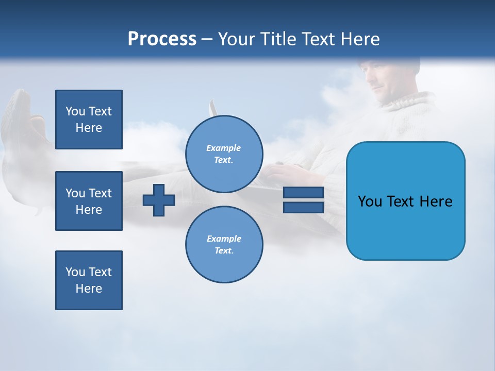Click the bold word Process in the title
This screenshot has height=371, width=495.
(x=162, y=39)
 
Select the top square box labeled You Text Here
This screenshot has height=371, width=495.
(x=89, y=120)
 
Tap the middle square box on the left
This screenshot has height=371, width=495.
(x=89, y=201)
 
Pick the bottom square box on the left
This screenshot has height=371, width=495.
(x=89, y=280)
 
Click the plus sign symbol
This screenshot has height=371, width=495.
(x=159, y=200)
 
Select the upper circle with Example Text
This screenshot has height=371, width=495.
(x=224, y=154)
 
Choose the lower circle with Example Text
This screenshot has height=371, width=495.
(x=224, y=244)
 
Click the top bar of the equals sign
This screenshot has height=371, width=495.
(x=303, y=193)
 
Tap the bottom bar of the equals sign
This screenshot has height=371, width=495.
(x=303, y=207)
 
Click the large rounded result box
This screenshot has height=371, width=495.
(x=405, y=201)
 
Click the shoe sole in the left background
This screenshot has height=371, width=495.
(x=15, y=124)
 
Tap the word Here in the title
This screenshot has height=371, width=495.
(x=359, y=39)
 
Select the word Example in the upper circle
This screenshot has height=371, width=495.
(x=224, y=148)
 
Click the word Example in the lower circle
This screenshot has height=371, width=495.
(x=224, y=239)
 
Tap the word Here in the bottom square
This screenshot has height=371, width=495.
(x=89, y=289)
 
